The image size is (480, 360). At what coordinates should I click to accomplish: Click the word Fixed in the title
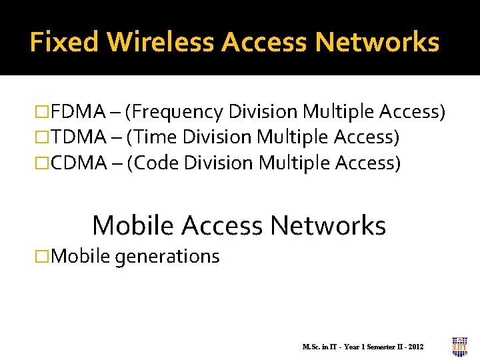pos(65,42)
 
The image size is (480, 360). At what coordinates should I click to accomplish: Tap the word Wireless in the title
pos(160,42)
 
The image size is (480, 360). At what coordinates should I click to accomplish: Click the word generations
pos(167,256)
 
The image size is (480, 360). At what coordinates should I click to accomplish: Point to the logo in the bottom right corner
pos(459,347)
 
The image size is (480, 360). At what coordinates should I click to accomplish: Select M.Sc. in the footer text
pos(311,347)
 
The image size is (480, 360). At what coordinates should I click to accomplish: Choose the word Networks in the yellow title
pos(377,42)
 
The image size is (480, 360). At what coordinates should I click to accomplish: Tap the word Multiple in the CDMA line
pos(294,163)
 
